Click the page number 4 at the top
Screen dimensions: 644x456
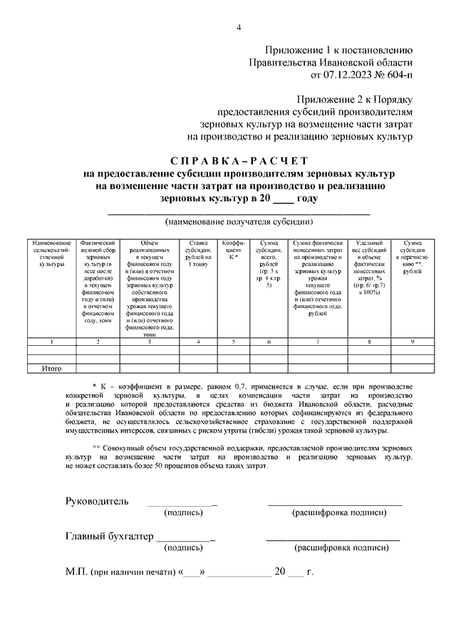tap(239, 28)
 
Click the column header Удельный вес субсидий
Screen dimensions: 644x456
tap(369, 267)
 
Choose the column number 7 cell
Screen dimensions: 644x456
tap(318, 342)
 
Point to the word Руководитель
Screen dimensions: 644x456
tap(97, 501)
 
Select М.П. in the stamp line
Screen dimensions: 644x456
tap(76, 571)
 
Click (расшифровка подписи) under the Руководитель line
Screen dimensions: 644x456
tap(336, 512)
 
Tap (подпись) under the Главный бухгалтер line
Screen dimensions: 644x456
tap(182, 548)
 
